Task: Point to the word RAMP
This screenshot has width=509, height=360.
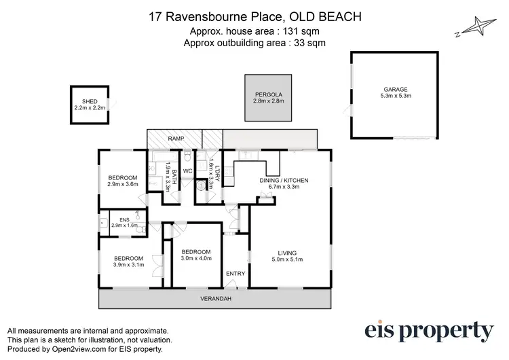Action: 177,139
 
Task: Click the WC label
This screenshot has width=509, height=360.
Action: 188,170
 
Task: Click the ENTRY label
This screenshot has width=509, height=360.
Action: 236,274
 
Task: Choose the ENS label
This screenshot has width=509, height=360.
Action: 124,219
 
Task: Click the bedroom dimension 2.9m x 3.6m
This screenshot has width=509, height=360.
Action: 123,183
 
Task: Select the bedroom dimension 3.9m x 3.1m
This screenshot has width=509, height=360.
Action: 128,265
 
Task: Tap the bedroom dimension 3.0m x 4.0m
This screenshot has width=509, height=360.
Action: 196,257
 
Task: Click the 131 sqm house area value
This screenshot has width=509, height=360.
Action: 304,31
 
